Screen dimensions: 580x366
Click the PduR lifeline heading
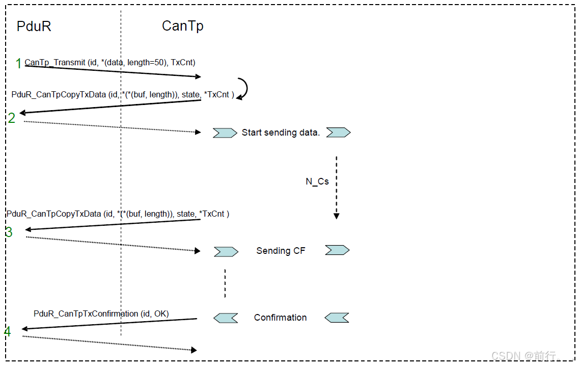(x=34, y=27)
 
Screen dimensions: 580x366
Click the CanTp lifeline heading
(x=183, y=26)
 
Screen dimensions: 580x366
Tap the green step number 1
(x=18, y=63)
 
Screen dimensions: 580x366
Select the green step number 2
(x=12, y=118)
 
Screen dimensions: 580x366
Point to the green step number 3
(x=9, y=232)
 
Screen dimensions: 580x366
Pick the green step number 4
(x=8, y=331)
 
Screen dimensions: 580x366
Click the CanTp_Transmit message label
(x=110, y=62)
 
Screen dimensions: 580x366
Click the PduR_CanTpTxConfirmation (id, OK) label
(x=101, y=314)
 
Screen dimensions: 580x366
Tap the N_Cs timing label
(x=317, y=181)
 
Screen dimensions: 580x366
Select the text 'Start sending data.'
(x=281, y=133)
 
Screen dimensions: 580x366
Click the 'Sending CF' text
(x=281, y=251)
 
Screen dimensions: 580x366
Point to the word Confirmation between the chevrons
(x=281, y=318)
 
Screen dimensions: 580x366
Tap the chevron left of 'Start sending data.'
(x=225, y=133)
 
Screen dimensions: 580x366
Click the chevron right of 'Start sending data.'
(x=339, y=132)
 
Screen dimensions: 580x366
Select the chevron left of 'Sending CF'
(x=226, y=252)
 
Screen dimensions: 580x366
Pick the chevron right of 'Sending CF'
(x=337, y=250)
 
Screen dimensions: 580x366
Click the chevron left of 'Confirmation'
(x=226, y=318)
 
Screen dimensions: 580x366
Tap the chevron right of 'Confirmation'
(x=337, y=318)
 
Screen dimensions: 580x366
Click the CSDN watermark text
(x=526, y=356)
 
